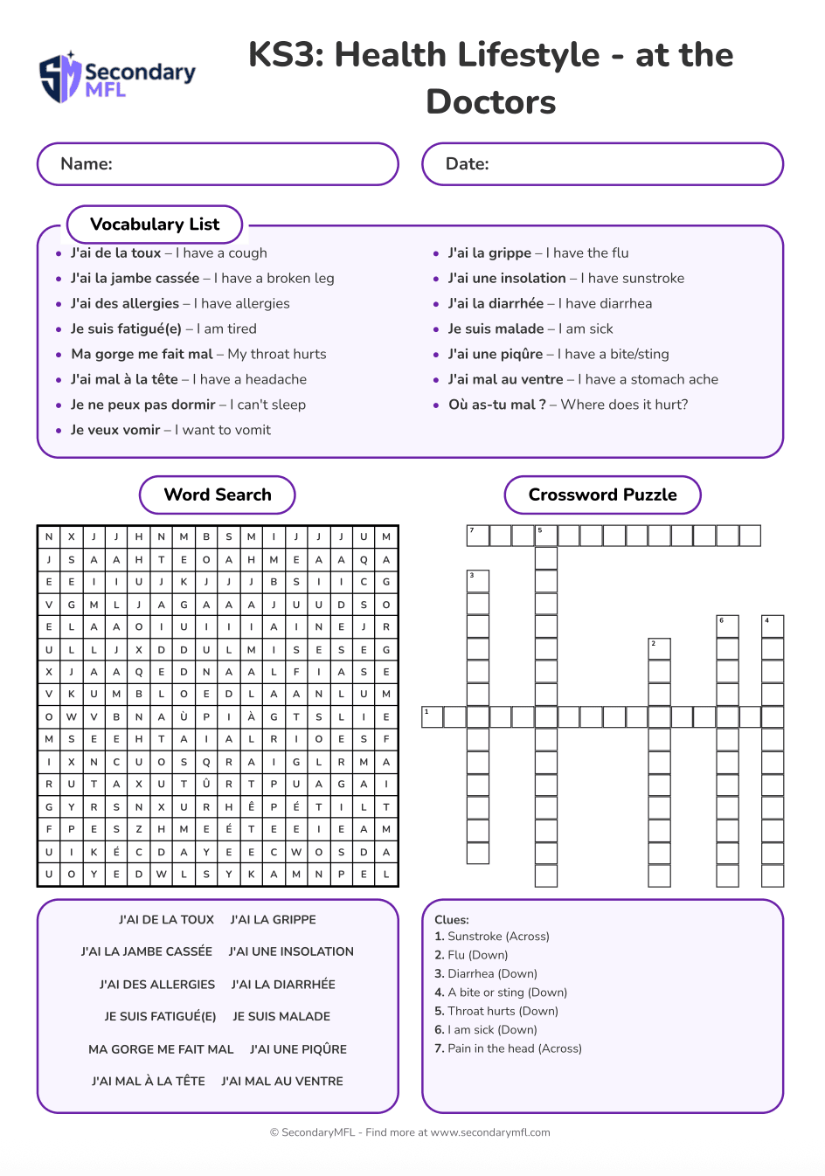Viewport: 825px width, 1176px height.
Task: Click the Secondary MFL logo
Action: tap(117, 77)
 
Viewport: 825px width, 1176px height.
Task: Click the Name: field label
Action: tap(87, 164)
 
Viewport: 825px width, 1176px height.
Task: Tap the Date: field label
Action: tap(468, 164)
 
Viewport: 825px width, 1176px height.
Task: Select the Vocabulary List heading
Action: tap(155, 225)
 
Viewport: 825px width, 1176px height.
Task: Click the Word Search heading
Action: tap(218, 495)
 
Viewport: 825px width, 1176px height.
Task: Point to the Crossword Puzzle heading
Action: tap(602, 495)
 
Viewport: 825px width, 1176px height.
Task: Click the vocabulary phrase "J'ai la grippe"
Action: tap(489, 253)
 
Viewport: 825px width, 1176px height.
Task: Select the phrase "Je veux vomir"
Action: tap(115, 430)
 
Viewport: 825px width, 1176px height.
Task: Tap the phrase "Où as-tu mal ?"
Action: tap(497, 405)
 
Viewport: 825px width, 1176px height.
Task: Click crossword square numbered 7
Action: tap(478, 536)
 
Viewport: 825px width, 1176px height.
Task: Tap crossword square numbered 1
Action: tap(433, 717)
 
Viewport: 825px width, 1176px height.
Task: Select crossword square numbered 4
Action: tap(773, 626)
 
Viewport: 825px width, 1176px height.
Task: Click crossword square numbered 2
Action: tap(660, 649)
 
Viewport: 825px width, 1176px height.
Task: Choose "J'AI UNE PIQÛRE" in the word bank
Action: tap(298, 1049)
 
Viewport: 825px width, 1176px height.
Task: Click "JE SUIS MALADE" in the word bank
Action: tap(281, 1017)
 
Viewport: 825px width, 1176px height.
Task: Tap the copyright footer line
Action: tap(410, 1132)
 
